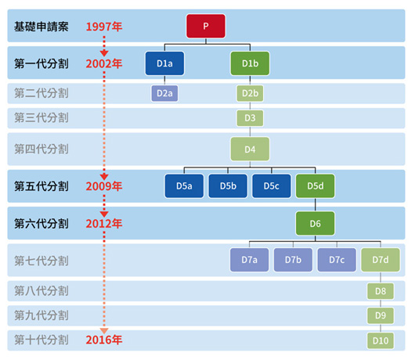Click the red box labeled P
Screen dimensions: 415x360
click(206, 26)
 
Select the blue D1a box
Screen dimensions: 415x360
click(164, 63)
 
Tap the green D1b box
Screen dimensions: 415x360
click(250, 63)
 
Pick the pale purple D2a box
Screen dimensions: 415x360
click(164, 93)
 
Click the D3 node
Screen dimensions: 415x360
click(250, 118)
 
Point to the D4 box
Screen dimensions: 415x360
click(250, 149)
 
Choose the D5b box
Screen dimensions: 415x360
click(228, 186)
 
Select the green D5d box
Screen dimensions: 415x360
click(316, 186)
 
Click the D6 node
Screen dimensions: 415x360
click(316, 224)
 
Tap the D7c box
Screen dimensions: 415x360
click(337, 260)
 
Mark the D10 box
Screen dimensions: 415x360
click(381, 340)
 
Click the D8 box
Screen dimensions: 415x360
click(381, 291)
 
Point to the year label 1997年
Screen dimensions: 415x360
click(104, 27)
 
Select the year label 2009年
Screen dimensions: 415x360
click(104, 186)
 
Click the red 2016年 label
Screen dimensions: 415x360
click(104, 340)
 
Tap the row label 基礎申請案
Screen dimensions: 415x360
click(41, 27)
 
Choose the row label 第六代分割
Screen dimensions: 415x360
click(41, 224)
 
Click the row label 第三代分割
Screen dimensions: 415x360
click(41, 117)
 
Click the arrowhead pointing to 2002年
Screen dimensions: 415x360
click(104, 53)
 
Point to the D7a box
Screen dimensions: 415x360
click(250, 260)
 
